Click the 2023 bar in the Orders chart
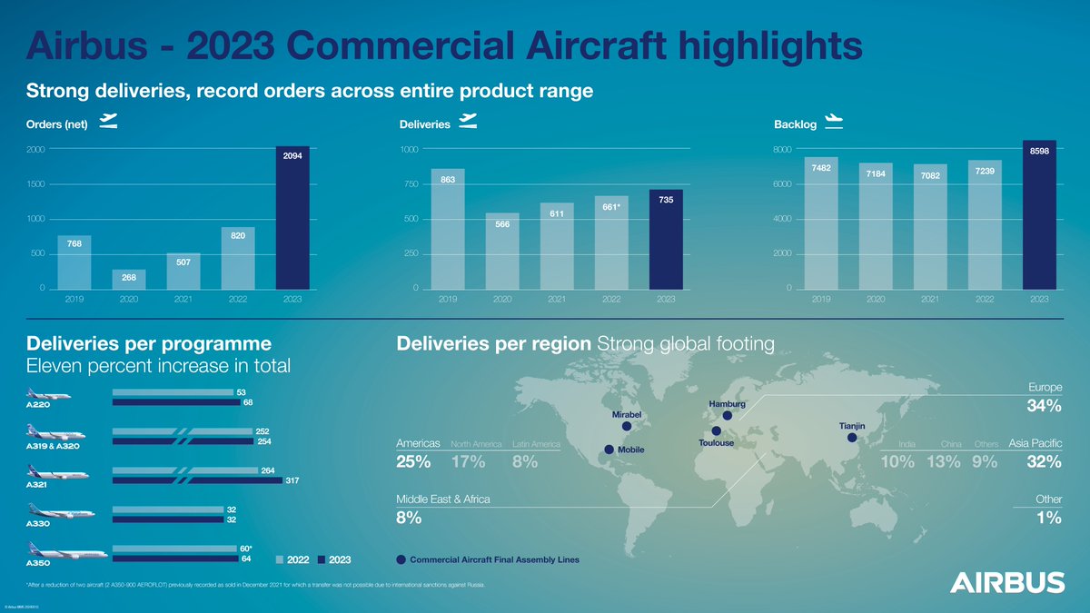tap(292, 218)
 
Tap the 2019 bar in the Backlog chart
tap(821, 222)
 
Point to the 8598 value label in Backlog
tap(1040, 153)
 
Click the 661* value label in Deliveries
tap(611, 207)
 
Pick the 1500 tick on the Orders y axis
tap(39, 184)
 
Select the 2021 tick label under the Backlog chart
tap(930, 298)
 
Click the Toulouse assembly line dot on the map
tap(717, 430)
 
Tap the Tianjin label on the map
tap(852, 425)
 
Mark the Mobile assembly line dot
tap(609, 450)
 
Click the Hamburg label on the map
tap(727, 403)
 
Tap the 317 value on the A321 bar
tap(292, 480)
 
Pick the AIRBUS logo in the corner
tap(1007, 582)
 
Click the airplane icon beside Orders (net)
tap(108, 123)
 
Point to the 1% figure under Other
tap(1049, 518)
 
